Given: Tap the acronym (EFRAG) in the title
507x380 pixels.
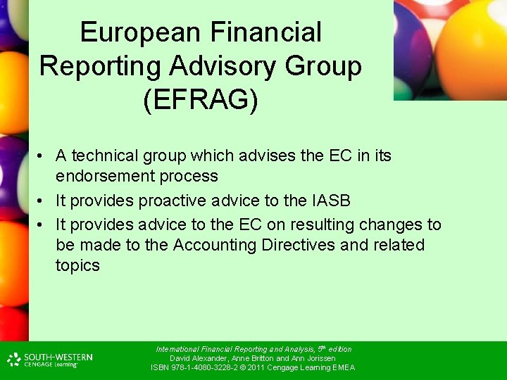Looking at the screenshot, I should pyautogui.click(x=200, y=99).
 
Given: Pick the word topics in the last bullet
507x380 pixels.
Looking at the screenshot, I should pyautogui.click(x=77, y=265).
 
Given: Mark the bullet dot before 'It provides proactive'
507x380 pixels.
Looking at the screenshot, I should pyautogui.click(x=43, y=201).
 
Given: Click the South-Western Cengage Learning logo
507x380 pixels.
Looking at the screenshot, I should pyautogui.click(x=51, y=360).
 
